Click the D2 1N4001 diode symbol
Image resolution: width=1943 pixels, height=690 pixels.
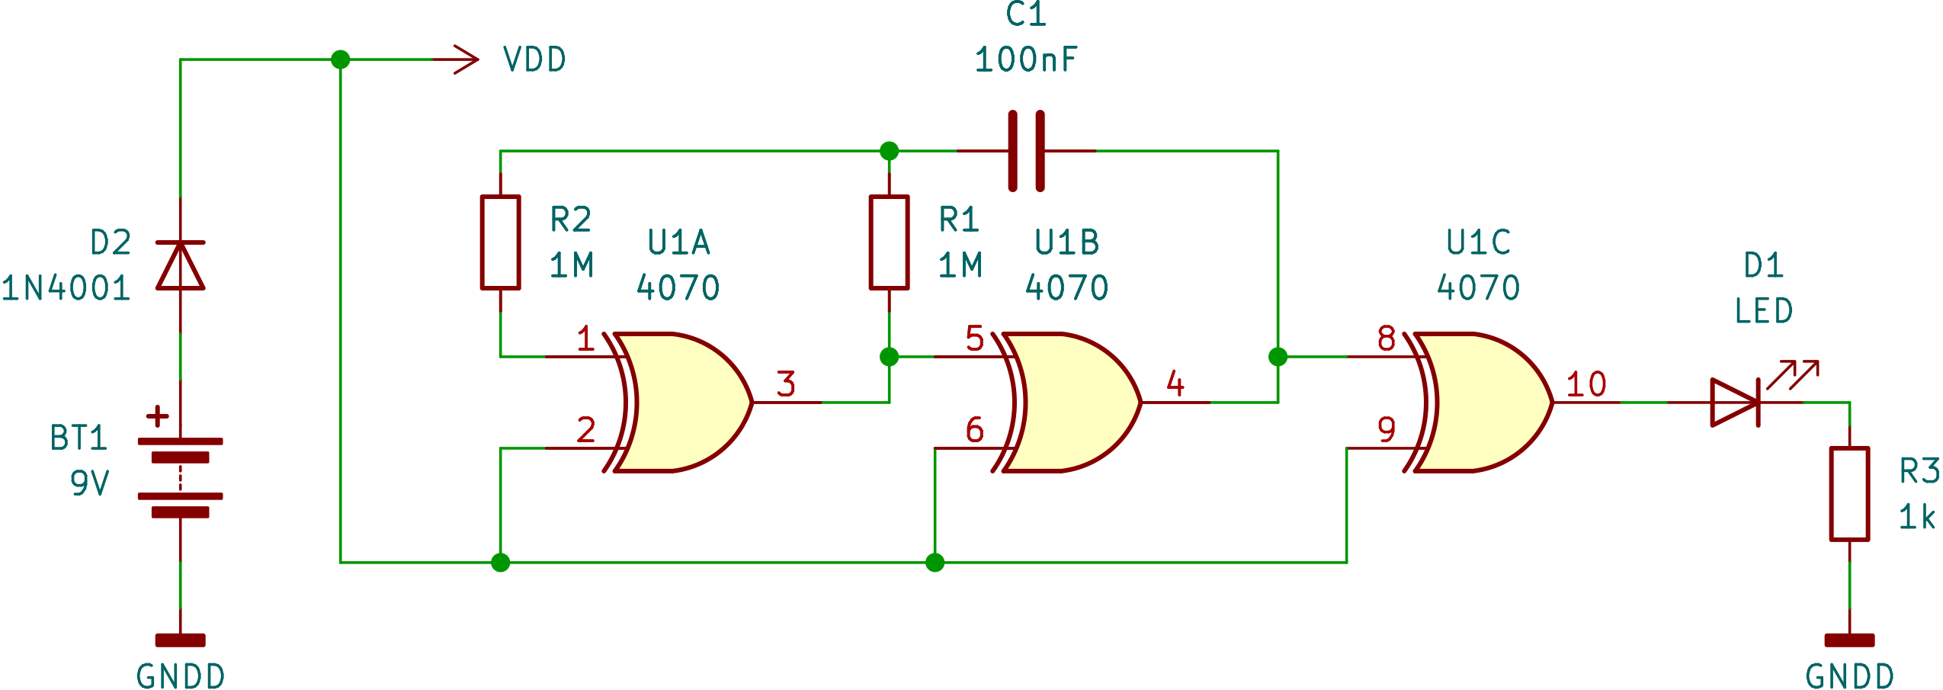180,265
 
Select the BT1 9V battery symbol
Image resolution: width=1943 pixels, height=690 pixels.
180,477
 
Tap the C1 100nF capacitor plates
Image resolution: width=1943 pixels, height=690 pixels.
1026,151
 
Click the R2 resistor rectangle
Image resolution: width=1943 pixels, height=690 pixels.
500,242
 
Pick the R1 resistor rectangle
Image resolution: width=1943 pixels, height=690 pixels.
889,242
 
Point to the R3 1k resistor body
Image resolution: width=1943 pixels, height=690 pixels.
1849,494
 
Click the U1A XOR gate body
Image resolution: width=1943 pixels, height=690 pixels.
686,402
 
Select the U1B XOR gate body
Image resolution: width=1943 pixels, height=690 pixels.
1075,402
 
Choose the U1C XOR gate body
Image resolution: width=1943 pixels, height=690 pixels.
1486,402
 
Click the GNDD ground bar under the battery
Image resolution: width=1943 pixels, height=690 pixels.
180,640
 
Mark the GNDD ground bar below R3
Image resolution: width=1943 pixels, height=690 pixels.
1849,640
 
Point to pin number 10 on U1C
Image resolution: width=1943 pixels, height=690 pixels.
1586,384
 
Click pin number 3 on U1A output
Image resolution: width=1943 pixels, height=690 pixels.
786,384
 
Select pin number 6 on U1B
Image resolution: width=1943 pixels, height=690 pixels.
974,430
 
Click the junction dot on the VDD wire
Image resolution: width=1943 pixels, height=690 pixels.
341,59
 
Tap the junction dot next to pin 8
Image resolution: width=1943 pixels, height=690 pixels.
1278,356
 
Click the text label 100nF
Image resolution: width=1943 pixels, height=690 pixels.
1026,60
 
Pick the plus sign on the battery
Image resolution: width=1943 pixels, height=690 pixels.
157,416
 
